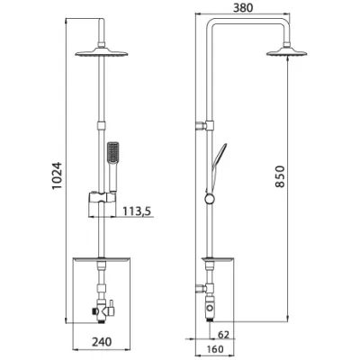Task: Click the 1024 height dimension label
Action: [x=57, y=175]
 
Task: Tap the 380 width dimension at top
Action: [x=243, y=8]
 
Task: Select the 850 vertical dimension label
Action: [x=280, y=176]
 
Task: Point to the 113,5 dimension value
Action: [x=137, y=211]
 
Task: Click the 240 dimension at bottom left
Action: [x=102, y=341]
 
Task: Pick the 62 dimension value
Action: [x=223, y=335]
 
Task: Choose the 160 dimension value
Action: [x=215, y=349]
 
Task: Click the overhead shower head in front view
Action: [x=102, y=52]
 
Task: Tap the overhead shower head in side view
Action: [x=287, y=52]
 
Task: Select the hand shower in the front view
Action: [x=112, y=166]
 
